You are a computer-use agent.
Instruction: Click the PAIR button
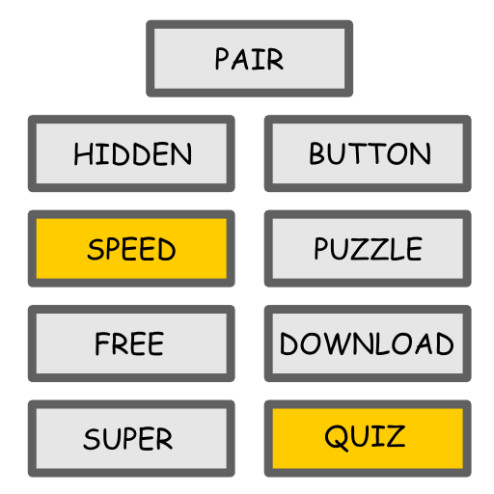click(249, 58)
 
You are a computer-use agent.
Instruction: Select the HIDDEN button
click(131, 153)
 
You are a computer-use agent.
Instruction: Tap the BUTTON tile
click(368, 153)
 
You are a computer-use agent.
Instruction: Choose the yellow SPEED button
click(131, 248)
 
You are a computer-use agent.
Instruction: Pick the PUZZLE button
click(368, 248)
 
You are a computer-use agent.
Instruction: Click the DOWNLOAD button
click(368, 343)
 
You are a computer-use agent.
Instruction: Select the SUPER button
click(131, 438)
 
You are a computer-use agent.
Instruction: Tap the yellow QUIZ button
click(368, 438)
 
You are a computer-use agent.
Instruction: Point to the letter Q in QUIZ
click(337, 437)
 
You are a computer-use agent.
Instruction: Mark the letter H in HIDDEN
click(83, 154)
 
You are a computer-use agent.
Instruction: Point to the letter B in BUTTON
click(318, 153)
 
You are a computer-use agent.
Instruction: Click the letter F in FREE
click(102, 343)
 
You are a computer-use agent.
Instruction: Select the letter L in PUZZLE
click(396, 248)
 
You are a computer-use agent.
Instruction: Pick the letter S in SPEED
click(96, 249)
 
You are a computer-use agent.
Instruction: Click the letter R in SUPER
click(163, 439)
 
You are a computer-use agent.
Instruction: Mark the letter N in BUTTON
click(421, 153)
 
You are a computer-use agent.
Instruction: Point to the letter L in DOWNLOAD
click(382, 343)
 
